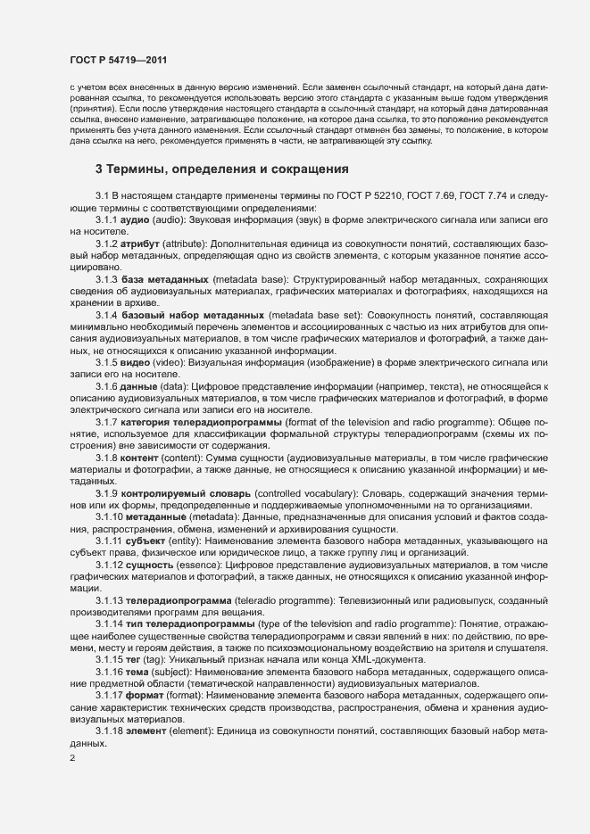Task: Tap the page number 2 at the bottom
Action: [72, 760]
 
